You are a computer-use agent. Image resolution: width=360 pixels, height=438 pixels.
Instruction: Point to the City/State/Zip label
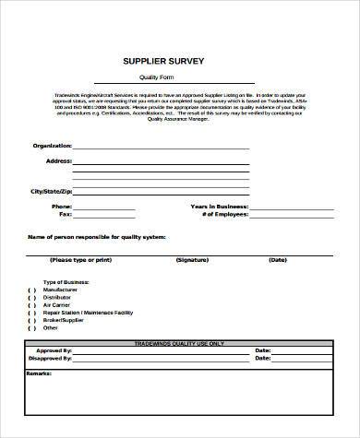click(51, 191)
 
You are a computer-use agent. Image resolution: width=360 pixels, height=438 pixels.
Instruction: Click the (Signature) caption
click(191, 260)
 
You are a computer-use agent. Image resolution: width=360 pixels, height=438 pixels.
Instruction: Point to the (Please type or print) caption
click(85, 260)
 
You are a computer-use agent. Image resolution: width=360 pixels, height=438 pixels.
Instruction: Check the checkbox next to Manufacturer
click(31, 290)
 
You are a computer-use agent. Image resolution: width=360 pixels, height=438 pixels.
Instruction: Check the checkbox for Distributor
click(31, 298)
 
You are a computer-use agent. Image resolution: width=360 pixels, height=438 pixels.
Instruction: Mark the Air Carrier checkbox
click(31, 305)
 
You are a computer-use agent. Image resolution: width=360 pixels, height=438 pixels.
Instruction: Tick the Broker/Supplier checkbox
click(31, 320)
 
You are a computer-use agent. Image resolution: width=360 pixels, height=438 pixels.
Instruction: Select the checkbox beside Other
click(31, 327)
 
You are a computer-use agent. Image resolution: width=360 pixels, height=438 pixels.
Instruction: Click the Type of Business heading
click(65, 282)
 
